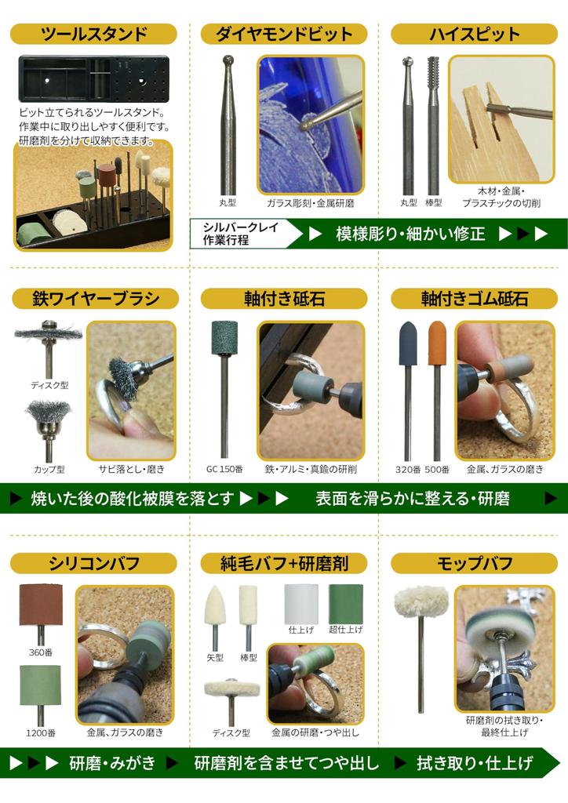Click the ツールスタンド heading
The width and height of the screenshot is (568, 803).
click(93, 34)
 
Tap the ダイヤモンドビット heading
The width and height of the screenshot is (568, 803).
click(283, 34)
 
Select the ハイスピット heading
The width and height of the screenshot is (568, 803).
click(474, 34)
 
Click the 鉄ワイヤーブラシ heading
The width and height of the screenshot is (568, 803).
click(94, 299)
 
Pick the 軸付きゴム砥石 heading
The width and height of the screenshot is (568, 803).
click(474, 299)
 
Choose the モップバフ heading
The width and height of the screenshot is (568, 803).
click(474, 563)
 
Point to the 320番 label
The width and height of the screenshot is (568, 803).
click(408, 470)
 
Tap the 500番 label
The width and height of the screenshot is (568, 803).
click(436, 470)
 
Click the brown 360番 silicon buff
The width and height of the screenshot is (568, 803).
click(40, 606)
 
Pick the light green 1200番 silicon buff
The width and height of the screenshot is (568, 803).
click(40, 685)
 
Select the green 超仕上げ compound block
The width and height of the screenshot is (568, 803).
click(344, 603)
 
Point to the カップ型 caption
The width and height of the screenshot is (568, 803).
click(49, 470)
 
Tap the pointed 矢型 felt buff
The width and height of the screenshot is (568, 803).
click(213, 607)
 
